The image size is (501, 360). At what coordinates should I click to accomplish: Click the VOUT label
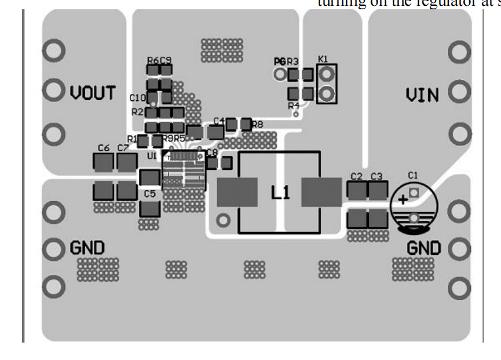pos(93,93)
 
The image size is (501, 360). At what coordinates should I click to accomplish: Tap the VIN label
pos(422,94)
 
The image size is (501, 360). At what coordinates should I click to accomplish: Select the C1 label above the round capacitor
pos(412,174)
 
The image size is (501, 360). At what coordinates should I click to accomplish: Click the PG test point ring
pos(281,74)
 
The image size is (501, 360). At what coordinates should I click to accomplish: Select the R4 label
pos(294,106)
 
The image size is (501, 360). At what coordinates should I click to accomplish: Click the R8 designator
pos(258,124)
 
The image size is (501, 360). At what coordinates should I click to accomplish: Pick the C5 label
pos(149,194)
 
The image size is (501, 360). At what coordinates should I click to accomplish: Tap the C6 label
pos(104,148)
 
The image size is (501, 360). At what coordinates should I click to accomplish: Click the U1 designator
pos(152,157)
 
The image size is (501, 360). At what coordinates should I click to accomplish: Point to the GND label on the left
pos(87,248)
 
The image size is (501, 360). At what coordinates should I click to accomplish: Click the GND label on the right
pos(423,248)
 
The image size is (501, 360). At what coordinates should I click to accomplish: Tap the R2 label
pos(137,111)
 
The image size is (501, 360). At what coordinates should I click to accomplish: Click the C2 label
pos(356,176)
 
